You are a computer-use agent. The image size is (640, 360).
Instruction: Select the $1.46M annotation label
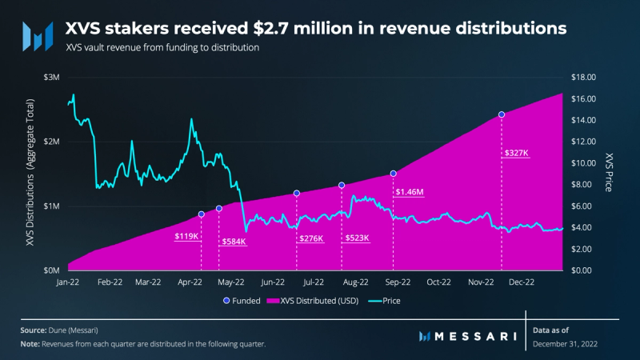pos(409,193)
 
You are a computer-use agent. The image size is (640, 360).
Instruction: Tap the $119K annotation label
pos(186,237)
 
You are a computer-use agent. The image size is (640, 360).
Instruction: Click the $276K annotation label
pos(310,239)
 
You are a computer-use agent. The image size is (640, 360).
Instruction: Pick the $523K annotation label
pos(357,239)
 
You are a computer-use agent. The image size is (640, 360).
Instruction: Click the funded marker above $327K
pos(502,114)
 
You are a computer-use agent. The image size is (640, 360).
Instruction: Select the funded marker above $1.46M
pos(394,174)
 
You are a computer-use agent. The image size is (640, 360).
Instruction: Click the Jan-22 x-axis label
pos(69,282)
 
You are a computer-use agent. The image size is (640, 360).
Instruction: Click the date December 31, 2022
pos(565,343)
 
